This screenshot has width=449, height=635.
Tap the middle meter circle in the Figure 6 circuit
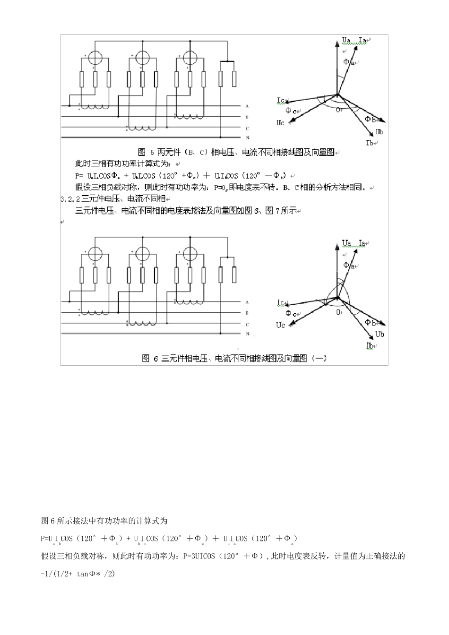click(x=142, y=253)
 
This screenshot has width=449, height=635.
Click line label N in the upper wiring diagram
click(x=247, y=137)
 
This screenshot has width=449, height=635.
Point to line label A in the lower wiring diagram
click(x=247, y=302)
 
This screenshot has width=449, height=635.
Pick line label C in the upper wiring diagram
click(x=247, y=128)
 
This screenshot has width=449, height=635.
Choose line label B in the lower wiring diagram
click(x=247, y=313)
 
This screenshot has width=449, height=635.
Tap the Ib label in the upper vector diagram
click(x=370, y=142)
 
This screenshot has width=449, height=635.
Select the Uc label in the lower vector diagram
click(x=281, y=325)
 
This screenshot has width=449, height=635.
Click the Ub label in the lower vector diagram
click(x=380, y=335)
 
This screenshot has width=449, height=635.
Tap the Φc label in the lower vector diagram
click(x=291, y=314)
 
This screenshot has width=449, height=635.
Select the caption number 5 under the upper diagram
click(x=152, y=152)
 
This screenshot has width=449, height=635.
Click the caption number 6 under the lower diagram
click(x=155, y=359)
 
